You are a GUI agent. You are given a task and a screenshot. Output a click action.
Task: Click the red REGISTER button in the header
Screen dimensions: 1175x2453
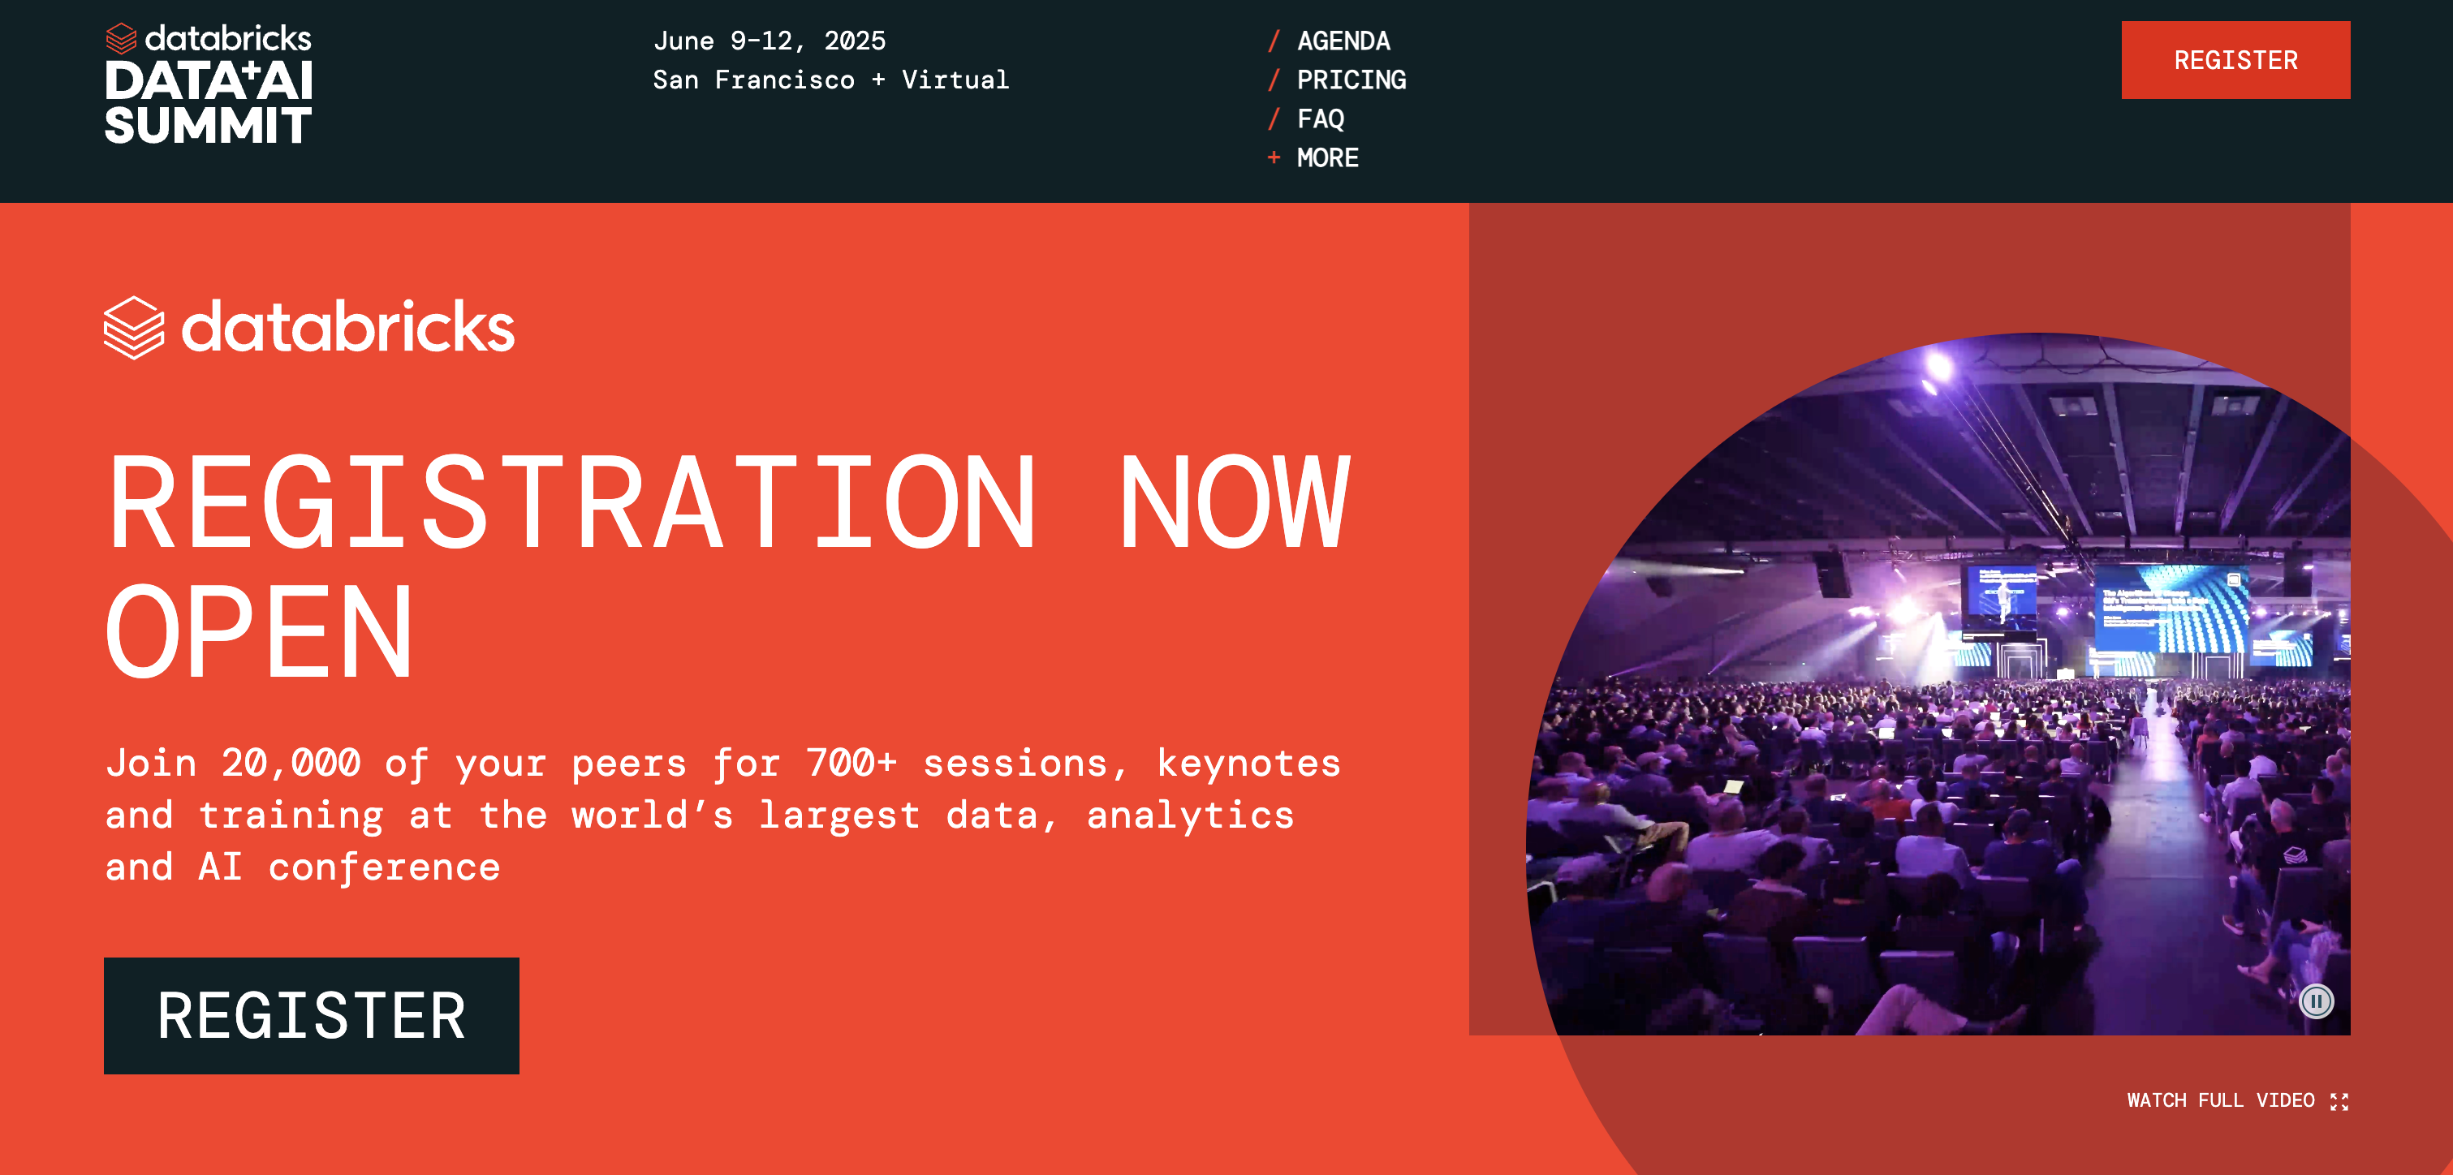click(x=2235, y=60)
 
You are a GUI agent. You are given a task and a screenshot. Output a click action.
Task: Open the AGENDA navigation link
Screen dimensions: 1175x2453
click(x=1343, y=41)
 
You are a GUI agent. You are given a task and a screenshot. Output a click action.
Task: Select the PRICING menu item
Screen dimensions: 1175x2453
click(x=1351, y=80)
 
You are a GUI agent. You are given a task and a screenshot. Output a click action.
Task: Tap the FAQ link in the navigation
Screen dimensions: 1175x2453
click(x=1320, y=119)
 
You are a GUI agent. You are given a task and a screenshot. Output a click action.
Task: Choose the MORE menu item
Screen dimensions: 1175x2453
click(x=1327, y=158)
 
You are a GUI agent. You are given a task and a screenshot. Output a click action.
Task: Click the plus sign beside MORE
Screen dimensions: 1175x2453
click(x=1273, y=158)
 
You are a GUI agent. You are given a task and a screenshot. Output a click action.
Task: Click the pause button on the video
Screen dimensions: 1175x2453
click(x=2316, y=1001)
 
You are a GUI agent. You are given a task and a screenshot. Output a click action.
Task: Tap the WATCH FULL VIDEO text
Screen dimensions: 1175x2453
click(x=2220, y=1100)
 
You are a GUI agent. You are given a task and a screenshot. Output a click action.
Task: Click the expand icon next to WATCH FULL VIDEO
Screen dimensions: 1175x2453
click(x=2339, y=1102)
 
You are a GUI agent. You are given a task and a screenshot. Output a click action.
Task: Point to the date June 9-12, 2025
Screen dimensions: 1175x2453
click(x=770, y=41)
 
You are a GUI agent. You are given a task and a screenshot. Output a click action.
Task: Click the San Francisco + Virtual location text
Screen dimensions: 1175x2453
click(x=830, y=80)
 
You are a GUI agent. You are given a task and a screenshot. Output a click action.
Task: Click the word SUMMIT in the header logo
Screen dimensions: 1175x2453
click(x=208, y=126)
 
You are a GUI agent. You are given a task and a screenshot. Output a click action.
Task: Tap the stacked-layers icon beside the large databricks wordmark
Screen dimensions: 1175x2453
click(x=133, y=328)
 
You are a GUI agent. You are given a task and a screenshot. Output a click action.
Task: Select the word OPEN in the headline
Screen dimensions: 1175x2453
click(x=259, y=631)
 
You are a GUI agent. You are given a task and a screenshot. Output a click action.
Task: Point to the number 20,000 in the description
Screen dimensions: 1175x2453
click(x=291, y=763)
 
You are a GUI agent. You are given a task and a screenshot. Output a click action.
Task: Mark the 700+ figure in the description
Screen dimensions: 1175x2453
click(x=851, y=763)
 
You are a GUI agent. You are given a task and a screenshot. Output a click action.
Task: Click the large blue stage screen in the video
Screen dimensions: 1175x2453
click(x=2173, y=609)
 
